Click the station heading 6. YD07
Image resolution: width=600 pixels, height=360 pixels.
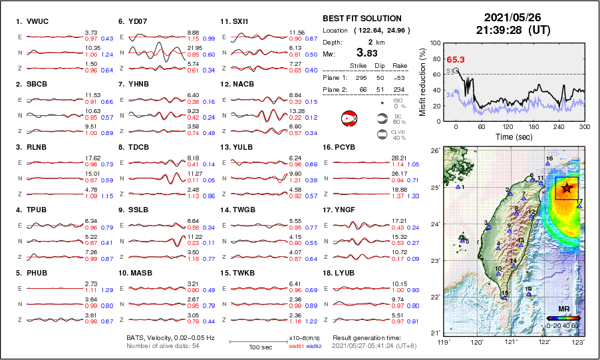132,21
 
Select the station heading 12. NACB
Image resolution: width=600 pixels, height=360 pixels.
236,85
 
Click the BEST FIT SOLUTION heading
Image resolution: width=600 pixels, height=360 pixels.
362,19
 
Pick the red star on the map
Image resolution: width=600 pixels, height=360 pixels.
566,188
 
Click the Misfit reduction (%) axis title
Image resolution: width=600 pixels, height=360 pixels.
422,81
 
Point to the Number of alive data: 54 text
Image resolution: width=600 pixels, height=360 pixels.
162,345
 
